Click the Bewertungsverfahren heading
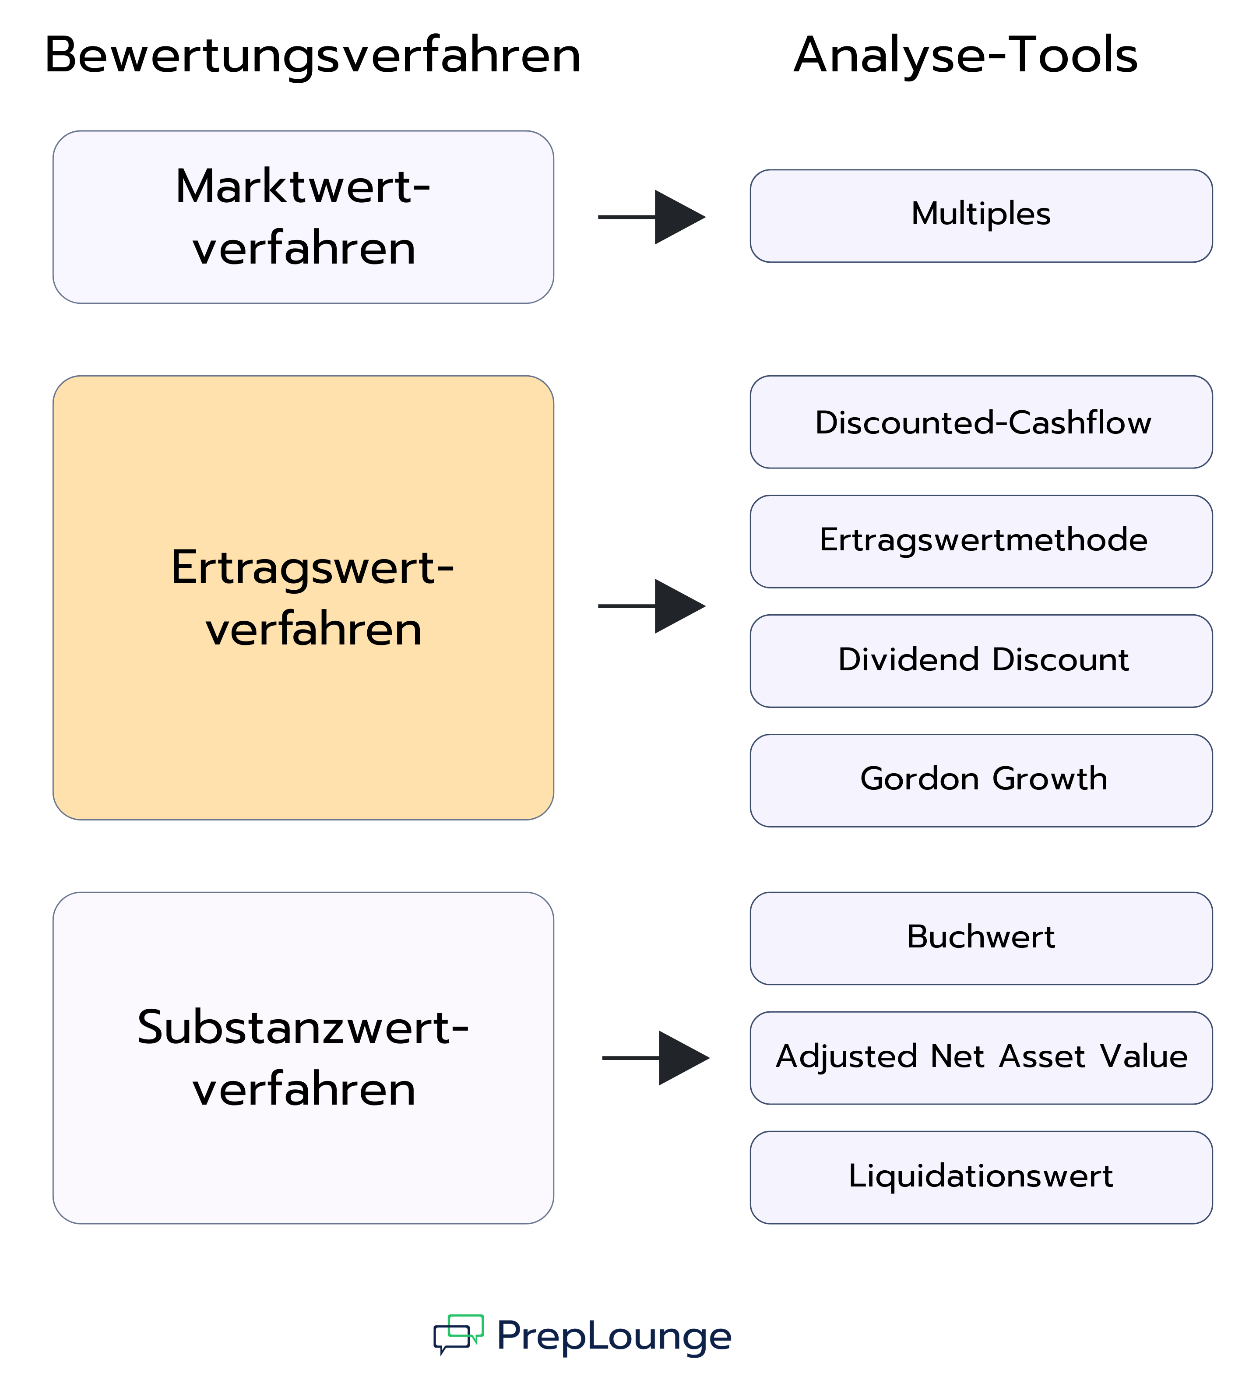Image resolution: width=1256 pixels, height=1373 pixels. (x=313, y=56)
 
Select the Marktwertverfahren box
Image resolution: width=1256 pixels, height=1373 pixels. (x=303, y=217)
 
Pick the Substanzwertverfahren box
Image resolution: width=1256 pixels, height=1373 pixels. (x=303, y=1058)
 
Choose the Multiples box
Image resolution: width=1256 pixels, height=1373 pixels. (x=981, y=216)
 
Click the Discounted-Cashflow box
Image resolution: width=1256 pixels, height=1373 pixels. (x=981, y=422)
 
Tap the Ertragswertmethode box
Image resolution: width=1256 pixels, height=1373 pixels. (x=981, y=542)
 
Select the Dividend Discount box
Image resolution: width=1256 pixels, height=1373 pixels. (x=981, y=661)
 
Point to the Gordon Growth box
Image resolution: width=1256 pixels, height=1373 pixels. (x=981, y=781)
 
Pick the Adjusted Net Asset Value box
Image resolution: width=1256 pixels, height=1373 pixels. (x=981, y=1058)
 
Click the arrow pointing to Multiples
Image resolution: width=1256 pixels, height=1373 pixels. (x=652, y=217)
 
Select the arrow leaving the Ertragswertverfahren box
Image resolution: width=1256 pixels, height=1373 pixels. (x=652, y=606)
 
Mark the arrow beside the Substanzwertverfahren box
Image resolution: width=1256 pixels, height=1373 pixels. (x=656, y=1058)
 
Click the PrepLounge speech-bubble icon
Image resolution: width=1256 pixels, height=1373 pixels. (x=458, y=1334)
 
